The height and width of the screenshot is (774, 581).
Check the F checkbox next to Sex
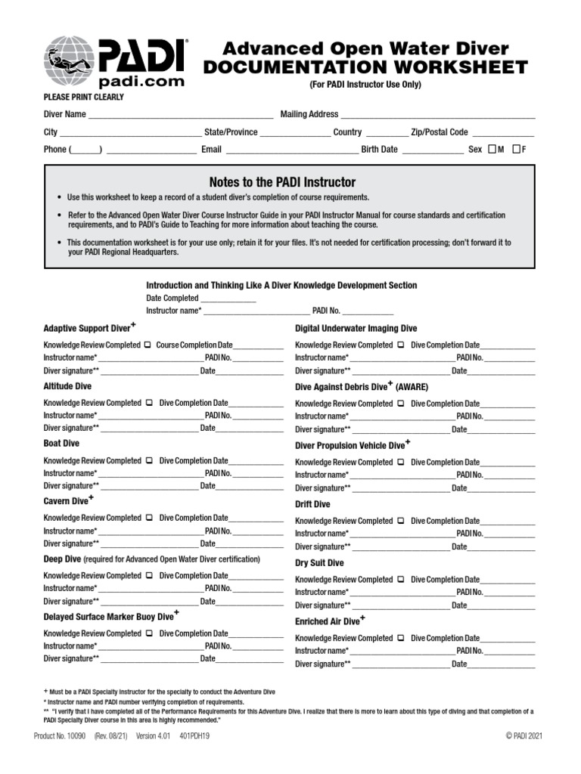click(516, 149)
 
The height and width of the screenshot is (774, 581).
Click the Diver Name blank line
click(180, 115)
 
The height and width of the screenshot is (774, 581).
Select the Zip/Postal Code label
click(440, 132)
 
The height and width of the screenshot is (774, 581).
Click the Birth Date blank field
click(432, 150)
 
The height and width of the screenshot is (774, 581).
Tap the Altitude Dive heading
click(67, 386)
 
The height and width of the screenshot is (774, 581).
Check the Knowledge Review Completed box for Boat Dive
click(148, 460)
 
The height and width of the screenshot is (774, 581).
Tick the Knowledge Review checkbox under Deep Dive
click(148, 575)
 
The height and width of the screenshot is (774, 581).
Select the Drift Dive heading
click(312, 504)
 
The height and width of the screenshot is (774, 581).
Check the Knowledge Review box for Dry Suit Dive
click(399, 580)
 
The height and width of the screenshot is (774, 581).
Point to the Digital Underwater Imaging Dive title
click(356, 328)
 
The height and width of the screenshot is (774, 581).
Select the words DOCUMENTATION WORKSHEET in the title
click(365, 67)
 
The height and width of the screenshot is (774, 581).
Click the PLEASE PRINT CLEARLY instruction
click(84, 97)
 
